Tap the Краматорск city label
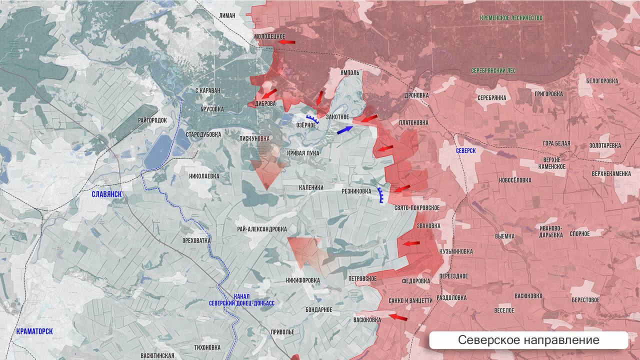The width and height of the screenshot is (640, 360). [34, 331]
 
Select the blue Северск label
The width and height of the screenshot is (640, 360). [466, 150]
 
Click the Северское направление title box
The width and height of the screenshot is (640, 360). [528, 340]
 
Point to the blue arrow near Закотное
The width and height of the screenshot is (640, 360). [345, 130]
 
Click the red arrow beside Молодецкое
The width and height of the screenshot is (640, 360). [286, 42]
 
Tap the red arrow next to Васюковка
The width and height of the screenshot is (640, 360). [398, 317]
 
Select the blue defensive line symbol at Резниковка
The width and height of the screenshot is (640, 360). [381, 195]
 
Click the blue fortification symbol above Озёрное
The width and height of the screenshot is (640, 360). [313, 118]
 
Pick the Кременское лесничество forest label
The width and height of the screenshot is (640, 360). [511, 18]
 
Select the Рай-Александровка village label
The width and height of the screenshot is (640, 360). [262, 228]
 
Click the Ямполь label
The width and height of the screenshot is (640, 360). [350, 73]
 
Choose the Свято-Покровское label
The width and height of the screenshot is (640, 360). [416, 207]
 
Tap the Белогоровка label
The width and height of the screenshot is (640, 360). [602, 81]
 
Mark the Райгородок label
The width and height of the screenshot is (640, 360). [152, 120]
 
